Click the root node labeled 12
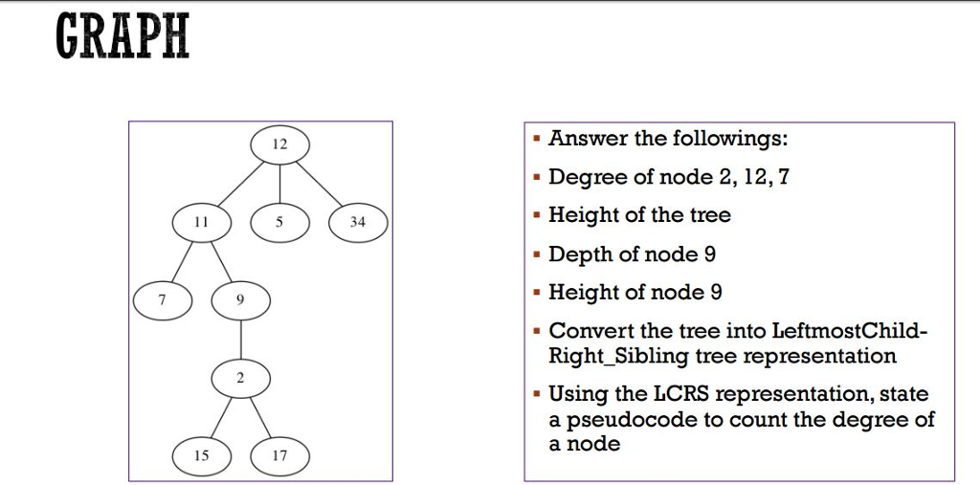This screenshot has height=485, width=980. click(x=279, y=144)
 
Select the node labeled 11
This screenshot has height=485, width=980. click(x=201, y=222)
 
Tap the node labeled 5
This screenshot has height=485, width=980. click(x=279, y=222)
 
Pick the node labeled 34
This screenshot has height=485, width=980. click(x=358, y=222)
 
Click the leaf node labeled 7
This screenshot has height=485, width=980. click(x=162, y=300)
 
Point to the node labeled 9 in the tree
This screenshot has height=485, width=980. click(x=240, y=300)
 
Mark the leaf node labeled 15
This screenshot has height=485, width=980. click(x=201, y=456)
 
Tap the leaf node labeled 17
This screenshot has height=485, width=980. click(x=279, y=456)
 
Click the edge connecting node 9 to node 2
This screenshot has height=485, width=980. click(x=240, y=340)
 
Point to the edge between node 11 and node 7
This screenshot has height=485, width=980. click(x=182, y=261)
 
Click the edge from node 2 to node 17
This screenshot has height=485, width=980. click(x=260, y=418)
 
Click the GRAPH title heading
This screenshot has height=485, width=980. click(x=122, y=37)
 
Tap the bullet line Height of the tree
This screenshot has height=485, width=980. click(x=639, y=215)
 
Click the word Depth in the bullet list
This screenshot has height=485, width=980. click(x=576, y=254)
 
